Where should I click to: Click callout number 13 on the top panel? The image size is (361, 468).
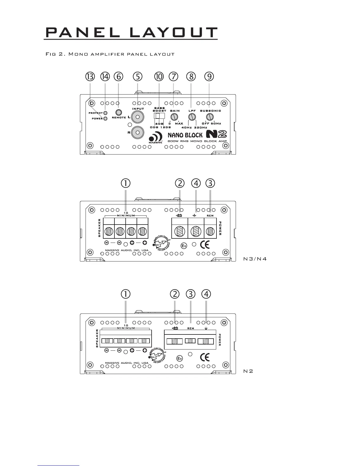click(90, 77)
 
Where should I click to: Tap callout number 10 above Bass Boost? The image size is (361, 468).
click(159, 77)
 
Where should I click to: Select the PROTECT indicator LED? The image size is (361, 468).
click(105, 113)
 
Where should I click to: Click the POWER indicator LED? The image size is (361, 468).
click(105, 118)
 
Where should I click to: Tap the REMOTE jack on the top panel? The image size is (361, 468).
click(119, 113)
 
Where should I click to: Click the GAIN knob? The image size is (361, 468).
click(174, 116)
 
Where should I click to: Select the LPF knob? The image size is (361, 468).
click(192, 117)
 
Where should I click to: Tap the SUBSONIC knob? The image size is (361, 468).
click(209, 116)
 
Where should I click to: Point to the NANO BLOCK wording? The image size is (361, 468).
click(185, 135)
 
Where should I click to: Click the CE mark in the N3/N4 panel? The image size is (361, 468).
click(205, 245)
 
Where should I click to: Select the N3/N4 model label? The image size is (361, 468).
click(255, 259)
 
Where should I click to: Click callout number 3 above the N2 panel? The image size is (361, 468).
click(191, 294)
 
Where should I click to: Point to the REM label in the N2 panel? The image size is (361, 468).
click(191, 328)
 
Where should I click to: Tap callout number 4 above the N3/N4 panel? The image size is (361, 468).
click(196, 183)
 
